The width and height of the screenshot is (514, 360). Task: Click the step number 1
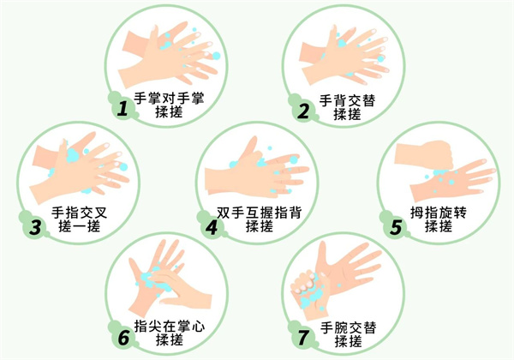pos(123,109)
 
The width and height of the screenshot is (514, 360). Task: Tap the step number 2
pos(303,111)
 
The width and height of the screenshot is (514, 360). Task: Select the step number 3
pos(35,226)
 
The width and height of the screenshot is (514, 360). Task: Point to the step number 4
pos(212,226)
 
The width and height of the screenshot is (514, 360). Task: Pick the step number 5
pos(396,226)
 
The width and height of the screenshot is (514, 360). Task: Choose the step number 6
pos(123,338)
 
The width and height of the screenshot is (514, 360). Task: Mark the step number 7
pos(303,338)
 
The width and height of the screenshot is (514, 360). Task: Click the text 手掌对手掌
pos(169,98)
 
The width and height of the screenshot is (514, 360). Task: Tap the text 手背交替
pos(347,100)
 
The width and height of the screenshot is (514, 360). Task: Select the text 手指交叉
pos(80,213)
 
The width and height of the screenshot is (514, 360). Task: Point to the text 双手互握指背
pos(259,213)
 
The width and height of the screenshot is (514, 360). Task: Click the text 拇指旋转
pos(439,213)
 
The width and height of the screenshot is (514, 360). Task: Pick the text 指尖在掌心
pos(169,327)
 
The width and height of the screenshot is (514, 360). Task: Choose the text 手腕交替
pos(348,327)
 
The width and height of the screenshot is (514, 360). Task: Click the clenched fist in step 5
pos(425,154)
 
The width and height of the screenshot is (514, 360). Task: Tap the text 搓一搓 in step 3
pos(80,226)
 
